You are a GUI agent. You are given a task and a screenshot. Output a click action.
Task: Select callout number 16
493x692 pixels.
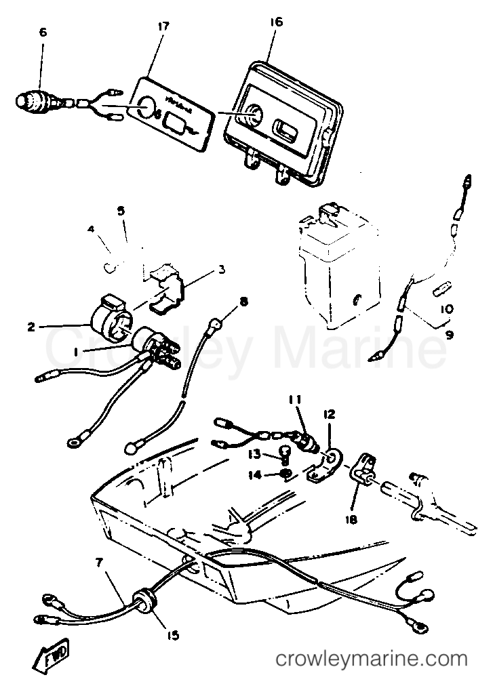pyautogui.click(x=277, y=22)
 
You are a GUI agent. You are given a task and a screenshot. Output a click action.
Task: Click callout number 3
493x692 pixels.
pyautogui.click(x=220, y=269)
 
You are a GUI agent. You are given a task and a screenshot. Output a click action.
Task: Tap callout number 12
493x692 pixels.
pyautogui.click(x=329, y=413)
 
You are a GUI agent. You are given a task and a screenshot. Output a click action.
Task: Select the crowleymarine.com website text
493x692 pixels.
pyautogui.click(x=371, y=658)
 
